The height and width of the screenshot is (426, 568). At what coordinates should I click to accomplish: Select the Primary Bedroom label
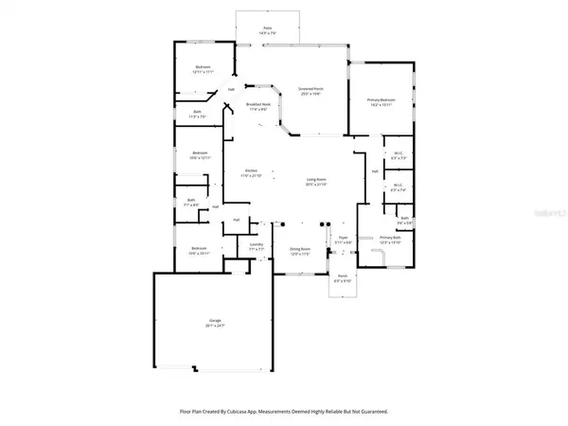click(x=381, y=99)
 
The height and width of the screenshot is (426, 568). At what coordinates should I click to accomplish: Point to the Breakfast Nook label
click(x=258, y=105)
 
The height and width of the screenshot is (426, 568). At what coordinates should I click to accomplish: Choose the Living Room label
click(x=315, y=180)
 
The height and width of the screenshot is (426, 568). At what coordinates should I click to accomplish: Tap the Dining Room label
click(x=301, y=249)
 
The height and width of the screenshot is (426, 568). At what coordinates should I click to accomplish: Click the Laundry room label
click(x=256, y=244)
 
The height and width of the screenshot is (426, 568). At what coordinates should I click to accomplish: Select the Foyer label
click(x=346, y=239)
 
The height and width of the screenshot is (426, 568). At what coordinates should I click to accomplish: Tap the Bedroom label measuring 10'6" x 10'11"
click(x=197, y=249)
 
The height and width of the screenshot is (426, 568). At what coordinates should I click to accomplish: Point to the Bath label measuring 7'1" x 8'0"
click(x=190, y=200)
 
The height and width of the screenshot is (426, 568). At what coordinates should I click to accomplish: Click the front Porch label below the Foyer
click(x=342, y=277)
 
